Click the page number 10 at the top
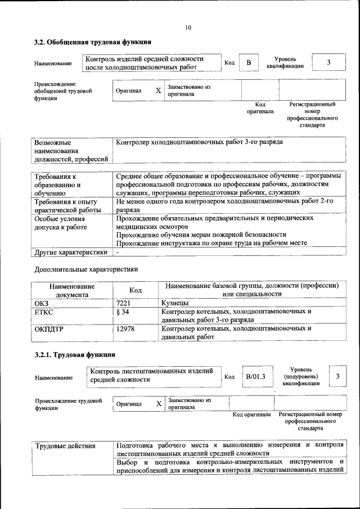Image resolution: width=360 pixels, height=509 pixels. click(188, 28)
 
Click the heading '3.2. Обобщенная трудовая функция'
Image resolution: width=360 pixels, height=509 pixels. click(92, 42)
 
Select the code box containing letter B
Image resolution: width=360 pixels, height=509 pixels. click(248, 62)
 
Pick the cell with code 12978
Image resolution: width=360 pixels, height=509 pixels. click(125, 328)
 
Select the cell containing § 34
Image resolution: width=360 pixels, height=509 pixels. click(123, 312)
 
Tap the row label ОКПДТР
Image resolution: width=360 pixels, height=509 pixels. click(49, 328)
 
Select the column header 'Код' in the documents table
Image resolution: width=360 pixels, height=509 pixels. click(135, 290)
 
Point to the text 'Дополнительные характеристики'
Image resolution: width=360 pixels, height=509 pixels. click(85, 269)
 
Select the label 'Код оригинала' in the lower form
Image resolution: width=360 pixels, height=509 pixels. click(251, 415)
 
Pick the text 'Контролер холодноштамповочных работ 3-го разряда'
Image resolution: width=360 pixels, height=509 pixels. click(199, 142)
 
